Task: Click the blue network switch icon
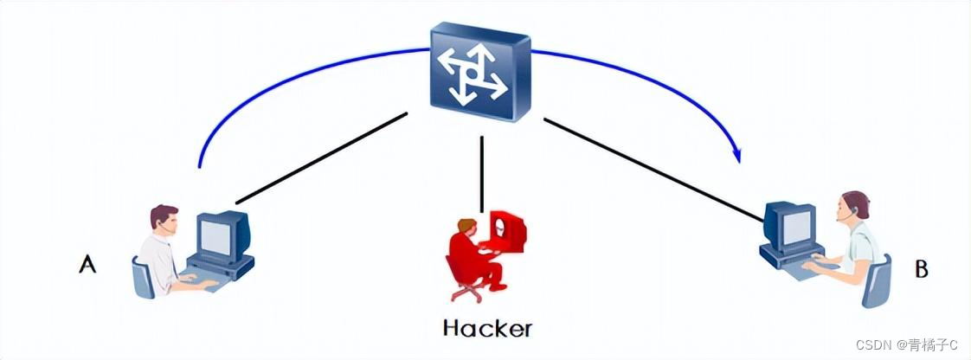tap(480, 73)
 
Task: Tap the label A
tap(87, 264)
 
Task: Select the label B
tap(922, 269)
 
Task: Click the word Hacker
tap(486, 328)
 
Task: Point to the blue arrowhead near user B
tap(738, 156)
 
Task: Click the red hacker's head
tap(466, 228)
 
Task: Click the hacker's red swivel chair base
tap(468, 292)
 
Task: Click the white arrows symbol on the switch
tap(471, 74)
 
